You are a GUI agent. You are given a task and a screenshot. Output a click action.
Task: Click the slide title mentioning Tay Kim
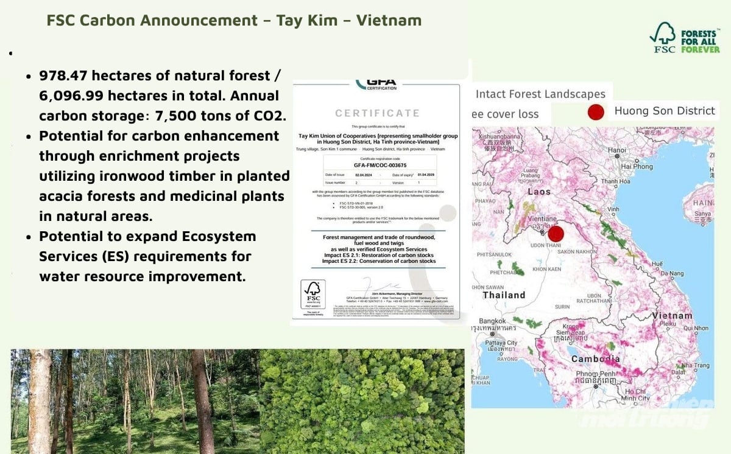(x=234, y=20)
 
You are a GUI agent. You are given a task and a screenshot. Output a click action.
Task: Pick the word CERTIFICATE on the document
(x=377, y=113)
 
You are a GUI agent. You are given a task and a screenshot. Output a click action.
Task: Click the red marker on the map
(x=556, y=234)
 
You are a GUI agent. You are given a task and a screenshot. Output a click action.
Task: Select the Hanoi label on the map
(x=616, y=150)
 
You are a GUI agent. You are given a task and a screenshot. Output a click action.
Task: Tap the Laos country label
(x=539, y=191)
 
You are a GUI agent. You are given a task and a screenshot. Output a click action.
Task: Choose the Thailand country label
(x=504, y=295)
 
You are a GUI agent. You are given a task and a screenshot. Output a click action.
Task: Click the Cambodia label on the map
(x=595, y=359)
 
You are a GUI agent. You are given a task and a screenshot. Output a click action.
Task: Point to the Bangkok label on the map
(x=492, y=321)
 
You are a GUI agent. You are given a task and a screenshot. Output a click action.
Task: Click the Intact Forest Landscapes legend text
(x=540, y=94)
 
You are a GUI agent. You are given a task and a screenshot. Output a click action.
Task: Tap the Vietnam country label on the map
(x=672, y=316)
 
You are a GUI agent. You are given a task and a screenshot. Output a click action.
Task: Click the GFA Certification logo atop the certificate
(x=376, y=84)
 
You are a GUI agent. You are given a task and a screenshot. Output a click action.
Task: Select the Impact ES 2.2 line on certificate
(x=378, y=261)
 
